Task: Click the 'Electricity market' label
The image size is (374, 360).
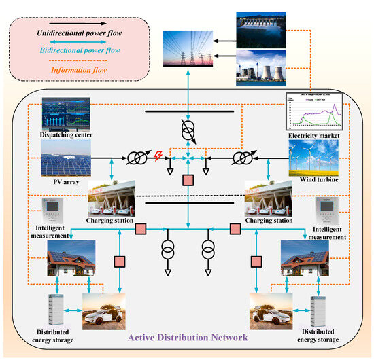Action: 311,136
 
